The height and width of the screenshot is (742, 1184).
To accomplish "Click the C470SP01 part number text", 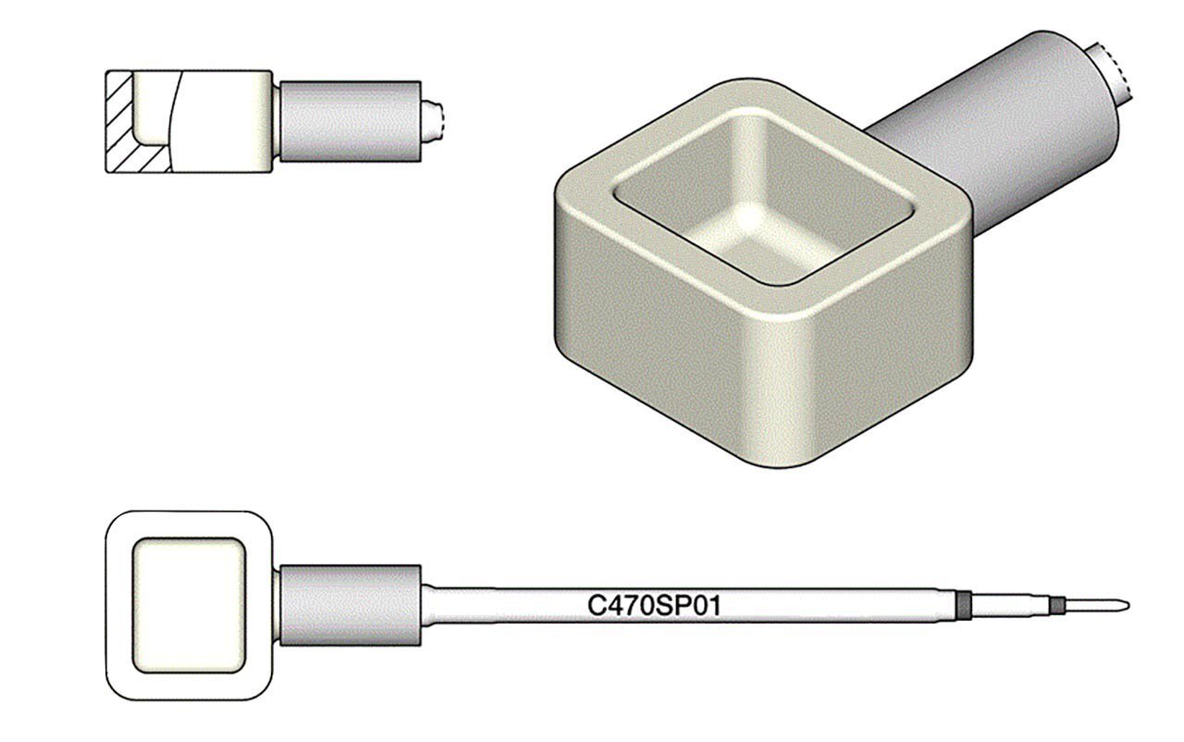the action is [x=654, y=606].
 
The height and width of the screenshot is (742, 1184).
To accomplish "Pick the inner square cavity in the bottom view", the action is [x=189, y=606].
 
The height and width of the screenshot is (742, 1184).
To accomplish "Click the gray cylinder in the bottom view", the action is [x=350, y=606].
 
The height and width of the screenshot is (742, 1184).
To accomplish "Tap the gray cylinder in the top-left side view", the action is [x=350, y=121].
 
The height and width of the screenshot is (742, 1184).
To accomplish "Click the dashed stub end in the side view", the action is [x=435, y=120].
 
